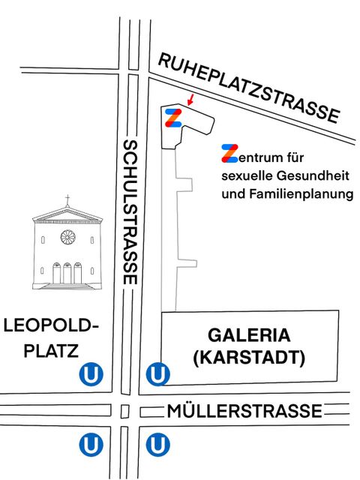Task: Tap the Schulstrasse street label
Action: coord(130,211)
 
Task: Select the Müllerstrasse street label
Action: coord(244,411)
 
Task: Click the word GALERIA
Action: coord(249,334)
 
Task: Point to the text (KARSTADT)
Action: coord(249,358)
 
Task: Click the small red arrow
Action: coord(190,99)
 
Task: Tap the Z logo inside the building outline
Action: coord(173,118)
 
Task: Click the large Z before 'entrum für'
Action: coord(229,154)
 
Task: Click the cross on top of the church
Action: coord(67,201)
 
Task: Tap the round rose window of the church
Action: coord(67,238)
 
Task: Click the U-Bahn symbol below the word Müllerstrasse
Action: coord(157,445)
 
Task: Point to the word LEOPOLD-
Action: coord(50,326)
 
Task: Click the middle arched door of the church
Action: coord(67,274)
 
